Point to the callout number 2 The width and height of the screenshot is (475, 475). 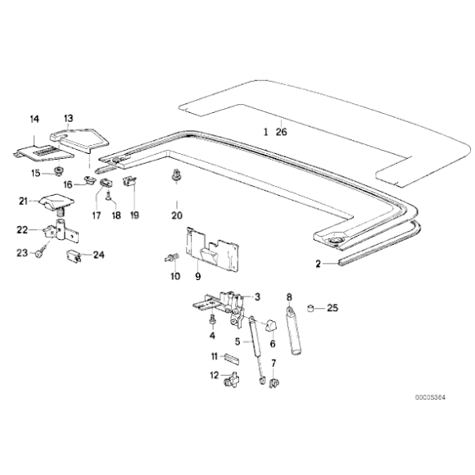click(319, 264)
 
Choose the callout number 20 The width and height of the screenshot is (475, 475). click(176, 215)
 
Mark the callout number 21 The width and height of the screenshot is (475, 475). click(24, 200)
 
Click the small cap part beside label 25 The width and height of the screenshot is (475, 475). click(312, 308)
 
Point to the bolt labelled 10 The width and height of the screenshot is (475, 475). click(172, 258)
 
